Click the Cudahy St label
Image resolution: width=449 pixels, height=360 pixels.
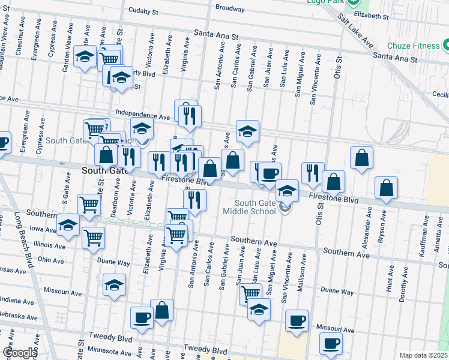click(143, 11)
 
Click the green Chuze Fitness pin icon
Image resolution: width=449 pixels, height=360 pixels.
click(446, 45)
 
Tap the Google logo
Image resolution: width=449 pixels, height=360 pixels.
click(20, 353)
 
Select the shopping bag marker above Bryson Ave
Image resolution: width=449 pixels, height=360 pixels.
click(387, 187)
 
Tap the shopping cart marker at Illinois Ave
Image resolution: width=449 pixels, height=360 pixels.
click(94, 239)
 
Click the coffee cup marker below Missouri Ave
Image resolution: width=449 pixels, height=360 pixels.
click(331, 343)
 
